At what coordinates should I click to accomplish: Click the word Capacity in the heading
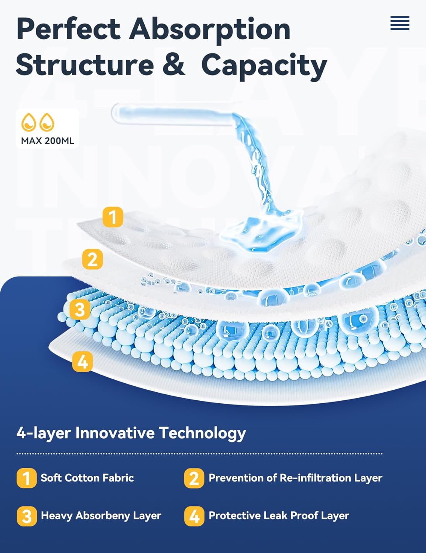[264, 67]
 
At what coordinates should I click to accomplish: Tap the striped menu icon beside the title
[400, 23]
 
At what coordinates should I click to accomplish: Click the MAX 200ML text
[48, 141]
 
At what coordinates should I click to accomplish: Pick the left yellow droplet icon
[28, 122]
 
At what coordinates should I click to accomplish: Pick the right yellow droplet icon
[47, 122]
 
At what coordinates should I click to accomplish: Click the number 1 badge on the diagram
[113, 217]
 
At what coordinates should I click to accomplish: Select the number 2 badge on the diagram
[93, 259]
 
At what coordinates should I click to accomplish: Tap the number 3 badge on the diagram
[80, 309]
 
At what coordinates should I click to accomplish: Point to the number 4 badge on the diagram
[82, 361]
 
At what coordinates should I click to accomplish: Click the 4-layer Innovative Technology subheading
[131, 433]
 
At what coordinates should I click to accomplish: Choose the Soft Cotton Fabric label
[87, 478]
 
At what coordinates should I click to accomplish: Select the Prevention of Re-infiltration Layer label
[296, 478]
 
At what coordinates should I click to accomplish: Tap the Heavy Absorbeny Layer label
[101, 516]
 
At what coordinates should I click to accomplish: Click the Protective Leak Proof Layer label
[279, 516]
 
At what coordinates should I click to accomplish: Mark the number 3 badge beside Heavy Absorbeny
[27, 517]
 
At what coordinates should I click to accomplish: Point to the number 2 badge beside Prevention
[194, 478]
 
